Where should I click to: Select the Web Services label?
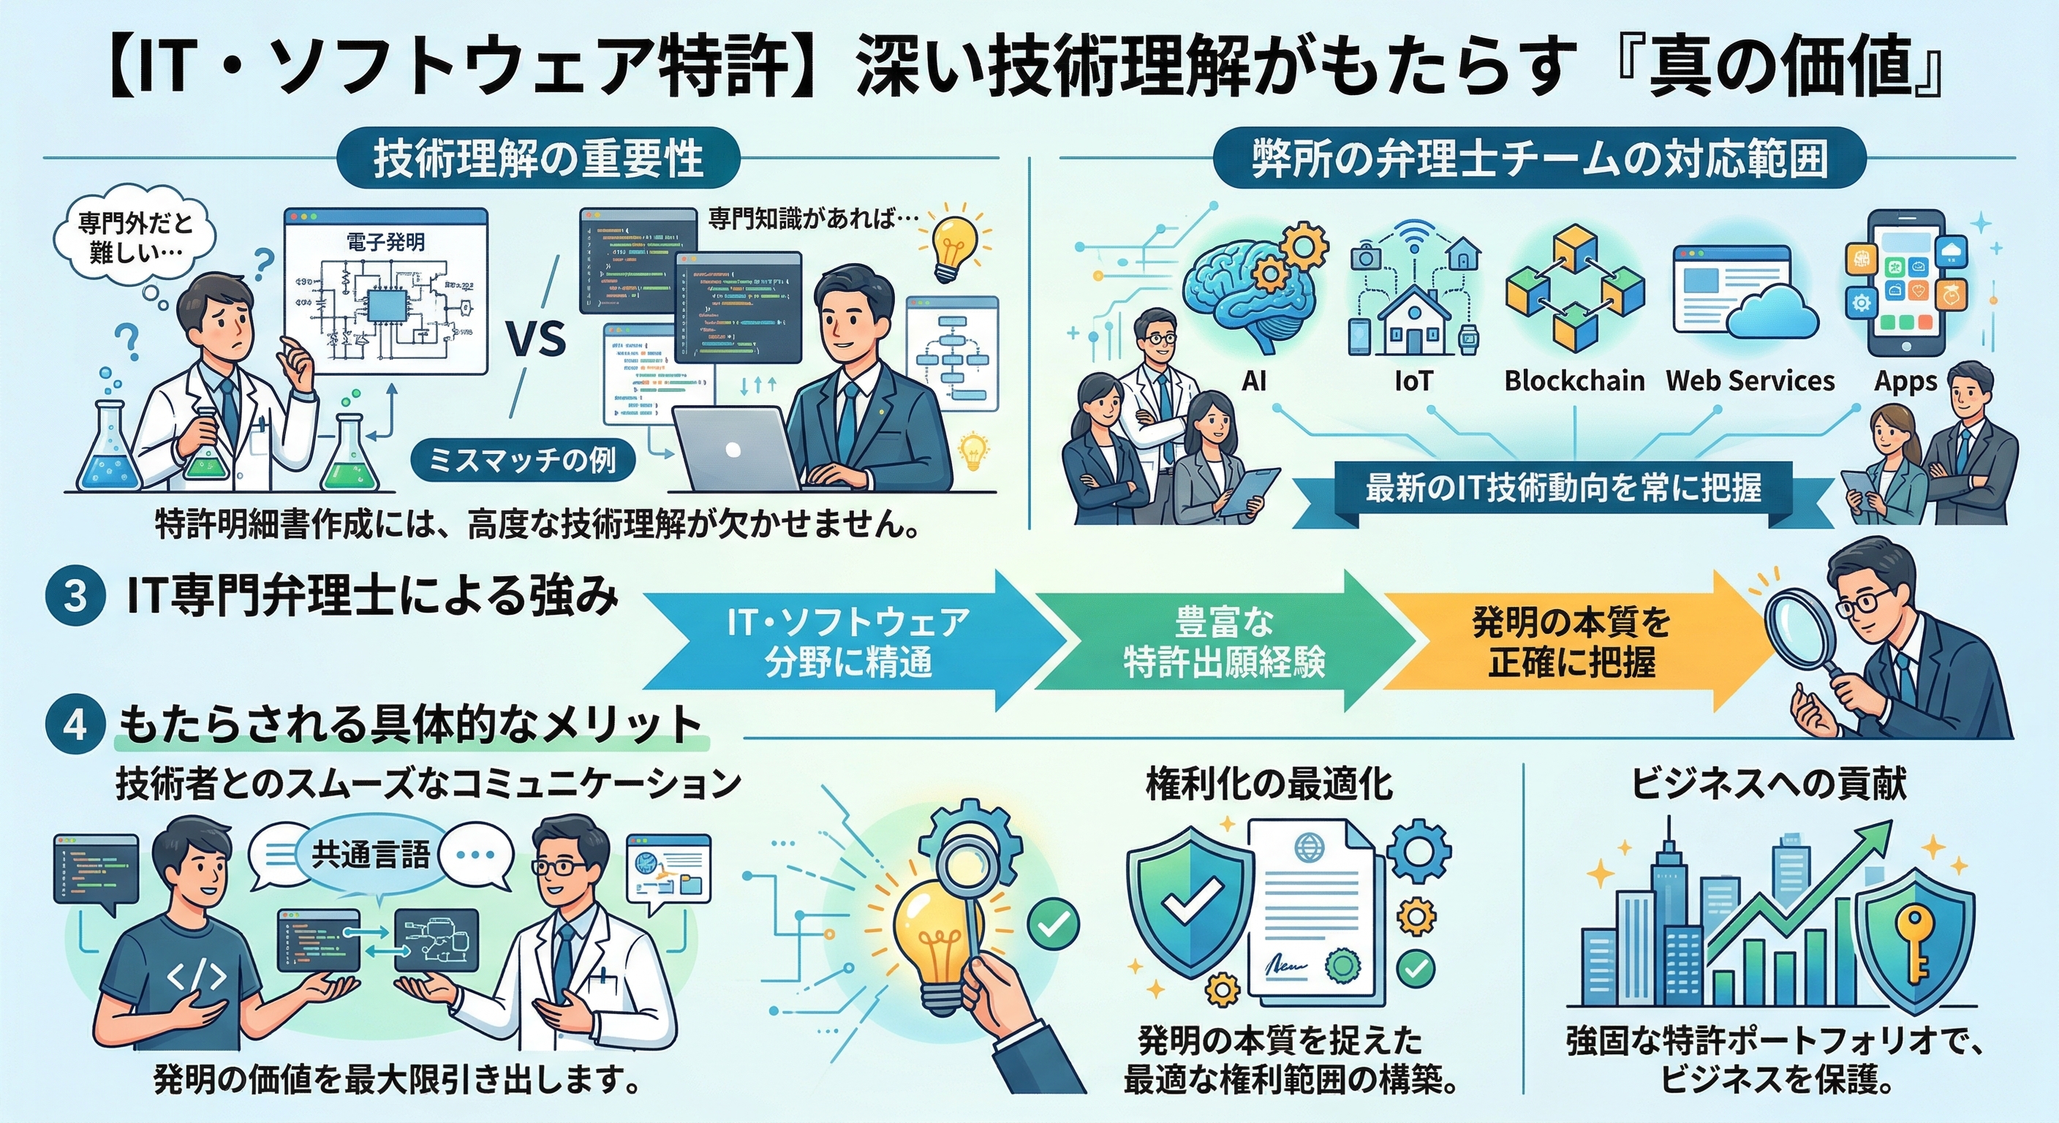tap(1750, 381)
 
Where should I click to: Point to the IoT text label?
tap(1413, 381)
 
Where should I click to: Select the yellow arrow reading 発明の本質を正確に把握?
tap(1571, 642)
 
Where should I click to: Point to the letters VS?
tap(537, 340)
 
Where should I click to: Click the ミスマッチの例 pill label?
tap(524, 461)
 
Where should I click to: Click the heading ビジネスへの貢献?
tap(1768, 784)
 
